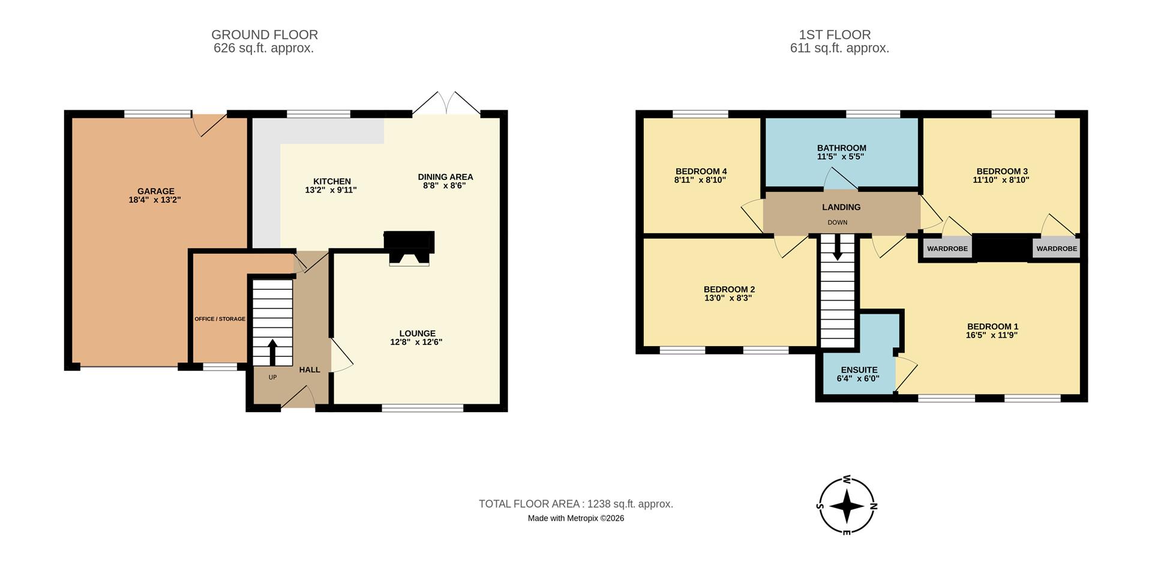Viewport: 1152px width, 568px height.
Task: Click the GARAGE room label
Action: (x=155, y=191)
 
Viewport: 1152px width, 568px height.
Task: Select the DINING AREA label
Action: (x=445, y=177)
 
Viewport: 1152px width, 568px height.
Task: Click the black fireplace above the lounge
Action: (x=409, y=242)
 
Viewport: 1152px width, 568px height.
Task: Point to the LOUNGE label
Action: (x=417, y=333)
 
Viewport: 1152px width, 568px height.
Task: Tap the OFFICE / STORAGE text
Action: (x=220, y=319)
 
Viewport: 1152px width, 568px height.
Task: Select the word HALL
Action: (x=310, y=370)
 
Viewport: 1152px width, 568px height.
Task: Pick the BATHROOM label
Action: (x=841, y=148)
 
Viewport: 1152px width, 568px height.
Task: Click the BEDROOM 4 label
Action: (x=701, y=171)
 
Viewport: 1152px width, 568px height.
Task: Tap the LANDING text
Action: (x=841, y=207)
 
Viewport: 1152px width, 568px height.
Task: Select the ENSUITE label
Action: (x=859, y=370)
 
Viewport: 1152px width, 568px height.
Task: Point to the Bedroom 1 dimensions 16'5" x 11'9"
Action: (x=992, y=335)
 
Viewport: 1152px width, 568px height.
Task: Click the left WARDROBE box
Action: (x=947, y=248)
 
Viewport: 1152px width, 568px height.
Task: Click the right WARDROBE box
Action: (x=1056, y=248)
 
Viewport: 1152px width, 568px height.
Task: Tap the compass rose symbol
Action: (x=847, y=506)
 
